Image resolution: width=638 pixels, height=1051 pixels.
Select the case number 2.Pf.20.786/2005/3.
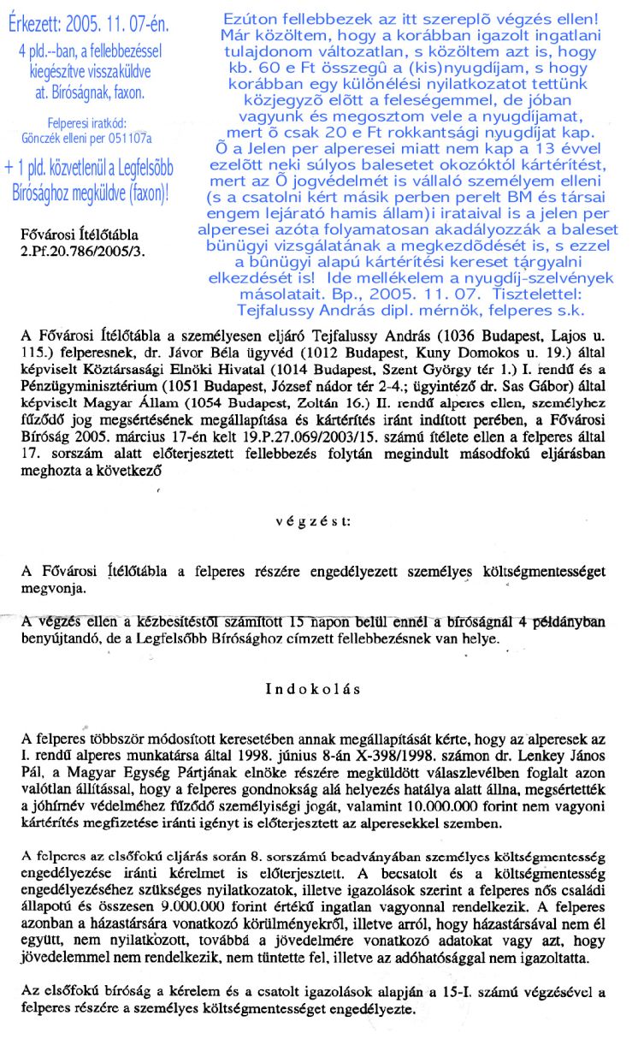pyautogui.click(x=82, y=251)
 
